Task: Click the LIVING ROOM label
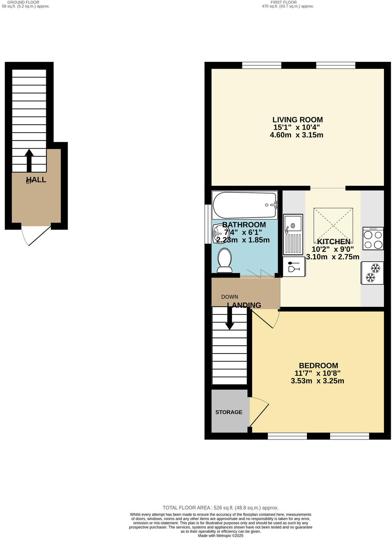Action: pos(297,120)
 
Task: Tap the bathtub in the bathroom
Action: pos(245,205)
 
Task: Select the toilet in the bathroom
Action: pos(225,260)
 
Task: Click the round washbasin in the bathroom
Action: pos(219,232)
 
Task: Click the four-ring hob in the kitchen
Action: pos(373,239)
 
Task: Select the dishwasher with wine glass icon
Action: pos(294,267)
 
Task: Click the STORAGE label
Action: pos(229,412)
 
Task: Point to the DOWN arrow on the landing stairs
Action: pos(229,320)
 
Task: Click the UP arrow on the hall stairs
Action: pos(29,160)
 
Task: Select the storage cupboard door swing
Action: pos(259,411)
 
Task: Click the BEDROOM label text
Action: pos(318,365)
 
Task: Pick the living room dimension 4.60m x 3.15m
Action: pos(296,135)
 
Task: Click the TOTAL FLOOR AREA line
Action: pos(220,508)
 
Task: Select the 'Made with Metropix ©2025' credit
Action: pos(220,535)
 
